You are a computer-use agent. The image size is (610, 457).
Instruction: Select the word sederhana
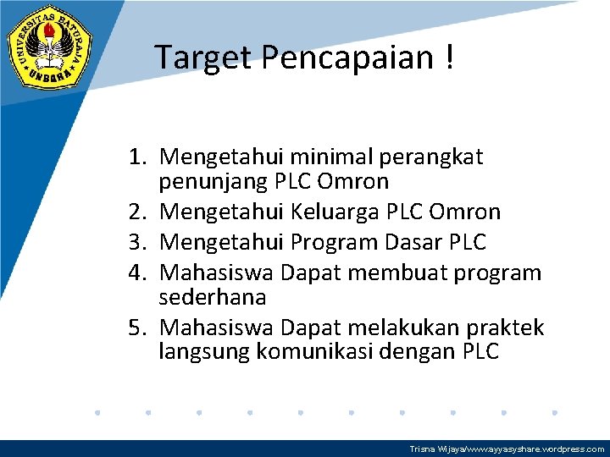click(213, 298)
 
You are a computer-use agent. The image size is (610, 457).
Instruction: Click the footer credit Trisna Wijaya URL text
click(507, 449)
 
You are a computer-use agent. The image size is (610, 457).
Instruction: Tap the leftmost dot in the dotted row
click(97, 413)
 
